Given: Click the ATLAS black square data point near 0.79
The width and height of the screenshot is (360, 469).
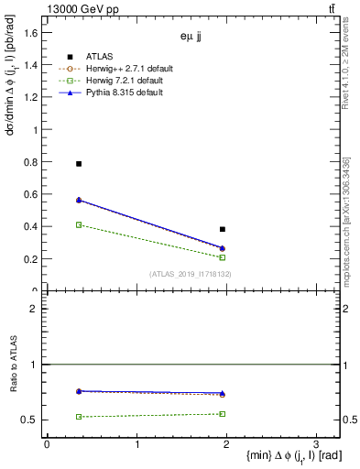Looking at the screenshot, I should coord(79,164).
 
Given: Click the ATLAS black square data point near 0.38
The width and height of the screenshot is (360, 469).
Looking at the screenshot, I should coord(223,229).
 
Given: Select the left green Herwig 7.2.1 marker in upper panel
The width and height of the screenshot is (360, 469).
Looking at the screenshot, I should coord(79,224).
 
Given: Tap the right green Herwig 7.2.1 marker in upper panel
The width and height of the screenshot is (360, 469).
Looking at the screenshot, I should coord(223,257).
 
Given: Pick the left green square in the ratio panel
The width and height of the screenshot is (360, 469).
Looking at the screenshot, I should coord(79,417).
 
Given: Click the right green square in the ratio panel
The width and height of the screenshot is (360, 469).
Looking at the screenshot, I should coord(223,414).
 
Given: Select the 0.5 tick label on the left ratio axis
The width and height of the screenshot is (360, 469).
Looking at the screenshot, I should coord(29,420).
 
